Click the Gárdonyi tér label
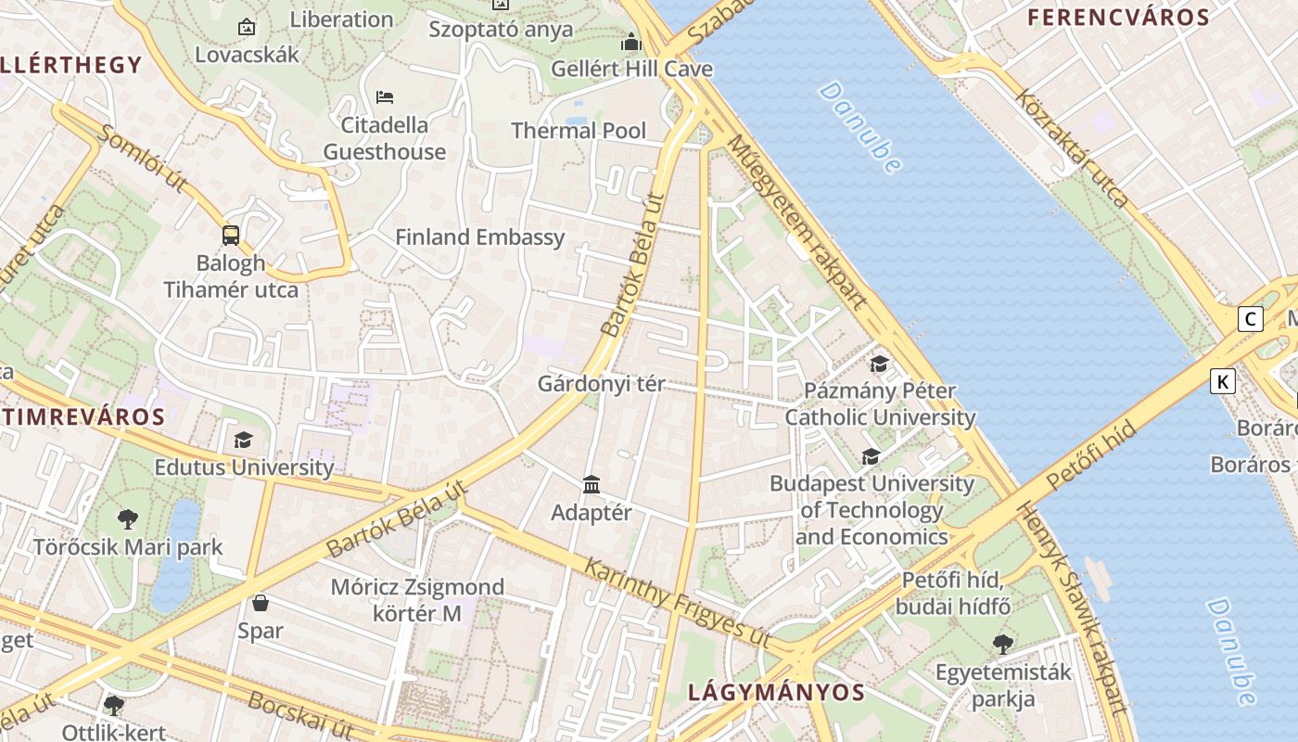[602, 383]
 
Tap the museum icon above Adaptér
[592, 484]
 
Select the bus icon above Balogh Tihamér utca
[231, 236]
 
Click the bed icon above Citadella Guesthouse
[385, 96]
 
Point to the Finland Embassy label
[479, 237]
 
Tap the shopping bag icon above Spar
[261, 603]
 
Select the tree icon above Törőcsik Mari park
[128, 519]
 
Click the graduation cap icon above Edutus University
[243, 440]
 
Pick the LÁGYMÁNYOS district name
[777, 692]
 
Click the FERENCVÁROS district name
[1118, 18]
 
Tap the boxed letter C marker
[1251, 319]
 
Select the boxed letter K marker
[1223, 380]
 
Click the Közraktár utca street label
[1072, 147]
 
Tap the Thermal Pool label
[579, 131]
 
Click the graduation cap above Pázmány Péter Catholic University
[879, 364]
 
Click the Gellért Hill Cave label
[631, 69]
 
